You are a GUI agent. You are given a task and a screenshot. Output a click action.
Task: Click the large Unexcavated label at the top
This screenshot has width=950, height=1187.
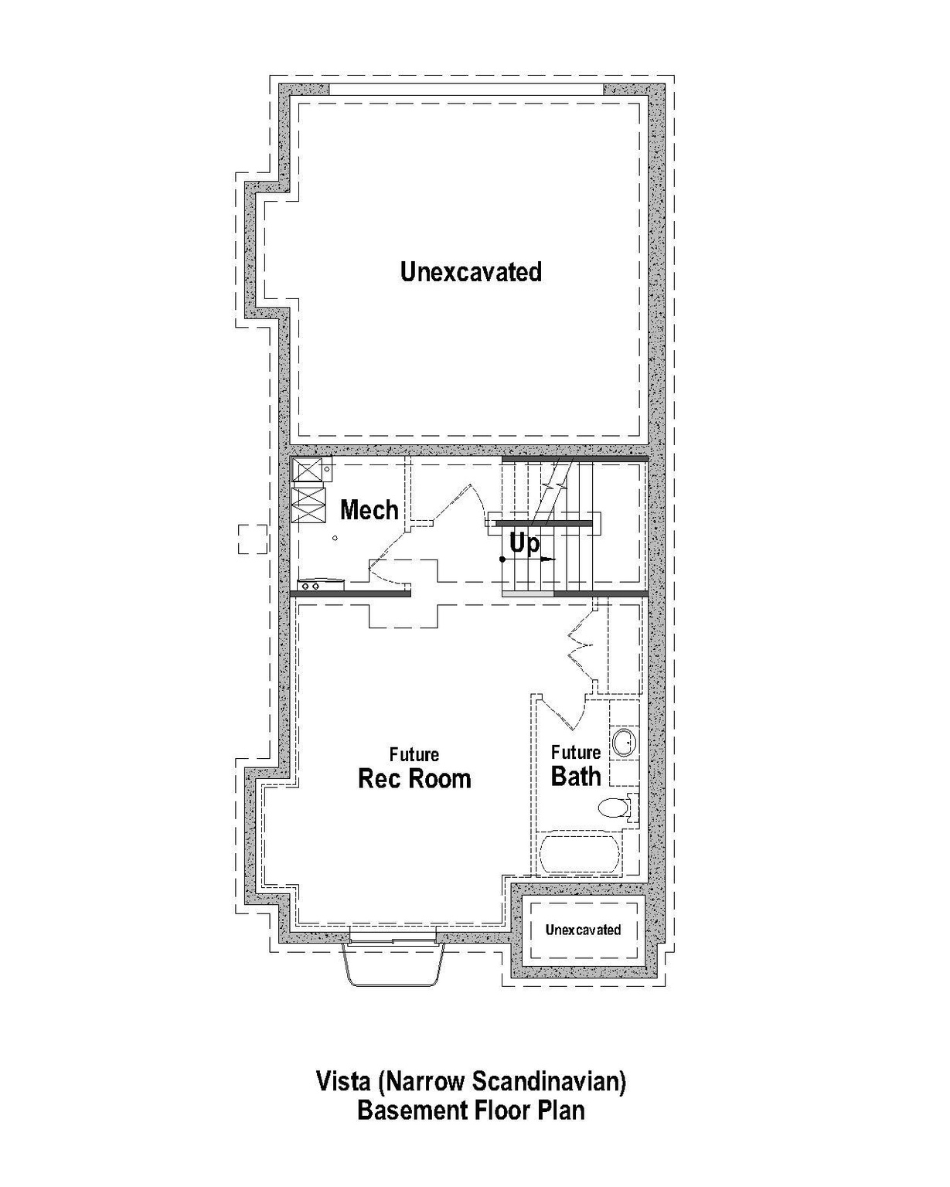[x=471, y=272]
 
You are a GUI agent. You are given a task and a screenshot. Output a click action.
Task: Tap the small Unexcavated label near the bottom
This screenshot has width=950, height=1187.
[x=583, y=930]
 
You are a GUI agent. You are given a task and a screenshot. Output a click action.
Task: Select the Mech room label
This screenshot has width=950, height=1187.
[x=369, y=510]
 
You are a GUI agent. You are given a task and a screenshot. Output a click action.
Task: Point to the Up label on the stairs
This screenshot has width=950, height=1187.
[x=524, y=544]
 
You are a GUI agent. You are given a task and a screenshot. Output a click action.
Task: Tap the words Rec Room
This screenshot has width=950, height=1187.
[x=414, y=778]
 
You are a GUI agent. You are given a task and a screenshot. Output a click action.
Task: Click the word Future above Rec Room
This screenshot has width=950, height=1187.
[x=414, y=754]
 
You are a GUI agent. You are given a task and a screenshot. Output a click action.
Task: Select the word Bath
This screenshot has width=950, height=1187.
[x=576, y=777]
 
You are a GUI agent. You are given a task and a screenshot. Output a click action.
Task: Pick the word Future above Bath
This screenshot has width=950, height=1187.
[x=576, y=752]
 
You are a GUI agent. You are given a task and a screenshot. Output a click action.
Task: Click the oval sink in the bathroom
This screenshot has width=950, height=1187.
[x=624, y=743]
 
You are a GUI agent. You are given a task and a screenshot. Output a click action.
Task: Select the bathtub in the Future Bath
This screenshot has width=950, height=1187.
[x=580, y=853]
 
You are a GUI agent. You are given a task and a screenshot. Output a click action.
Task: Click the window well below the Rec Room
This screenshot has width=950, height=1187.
[x=395, y=964]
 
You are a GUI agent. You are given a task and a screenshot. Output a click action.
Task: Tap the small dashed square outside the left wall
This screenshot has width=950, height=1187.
[x=252, y=539]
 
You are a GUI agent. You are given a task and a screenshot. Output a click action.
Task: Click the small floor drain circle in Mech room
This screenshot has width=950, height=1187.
[x=335, y=538]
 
